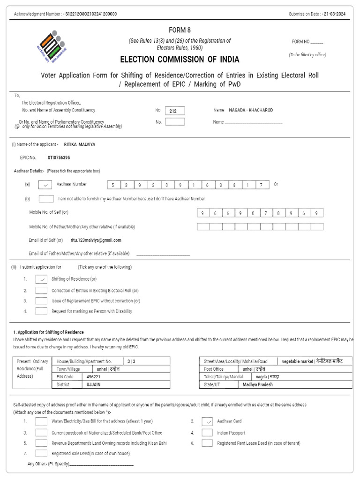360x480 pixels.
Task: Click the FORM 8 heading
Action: click(180, 30)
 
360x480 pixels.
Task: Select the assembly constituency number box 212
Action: click(174, 111)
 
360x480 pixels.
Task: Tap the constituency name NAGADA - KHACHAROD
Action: click(251, 110)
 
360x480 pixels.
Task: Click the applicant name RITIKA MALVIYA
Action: click(79, 144)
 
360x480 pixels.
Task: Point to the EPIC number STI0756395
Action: click(59, 158)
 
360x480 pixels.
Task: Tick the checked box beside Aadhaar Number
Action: click(45, 185)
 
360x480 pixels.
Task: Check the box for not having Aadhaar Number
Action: click(46, 199)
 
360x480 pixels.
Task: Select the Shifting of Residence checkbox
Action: click(41, 279)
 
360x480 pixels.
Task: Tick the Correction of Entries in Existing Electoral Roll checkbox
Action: click(41, 291)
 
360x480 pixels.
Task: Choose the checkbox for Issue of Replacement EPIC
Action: click(41, 301)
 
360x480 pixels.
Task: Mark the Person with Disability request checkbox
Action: click(41, 311)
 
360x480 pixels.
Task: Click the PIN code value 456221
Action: click(93, 376)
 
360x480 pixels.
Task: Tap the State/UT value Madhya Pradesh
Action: click(257, 384)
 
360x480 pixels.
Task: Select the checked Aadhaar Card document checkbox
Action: click(207, 421)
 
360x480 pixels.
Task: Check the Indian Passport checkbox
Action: click(207, 433)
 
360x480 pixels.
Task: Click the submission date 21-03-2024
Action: click(336, 14)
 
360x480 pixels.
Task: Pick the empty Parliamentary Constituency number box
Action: click(174, 122)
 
